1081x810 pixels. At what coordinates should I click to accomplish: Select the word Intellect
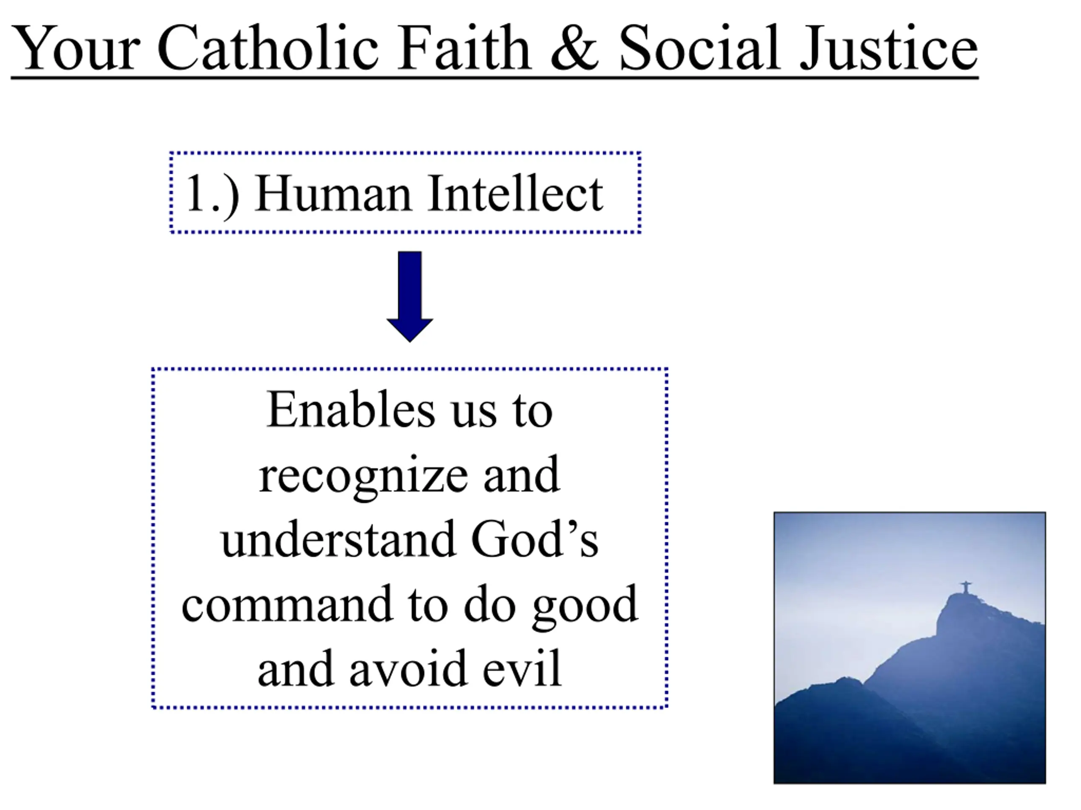pyautogui.click(x=515, y=193)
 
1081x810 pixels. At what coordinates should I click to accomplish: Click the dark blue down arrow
pyautogui.click(x=410, y=297)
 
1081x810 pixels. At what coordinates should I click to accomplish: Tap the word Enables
pyautogui.click(x=351, y=410)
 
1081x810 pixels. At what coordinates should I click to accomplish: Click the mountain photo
pyautogui.click(x=910, y=648)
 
